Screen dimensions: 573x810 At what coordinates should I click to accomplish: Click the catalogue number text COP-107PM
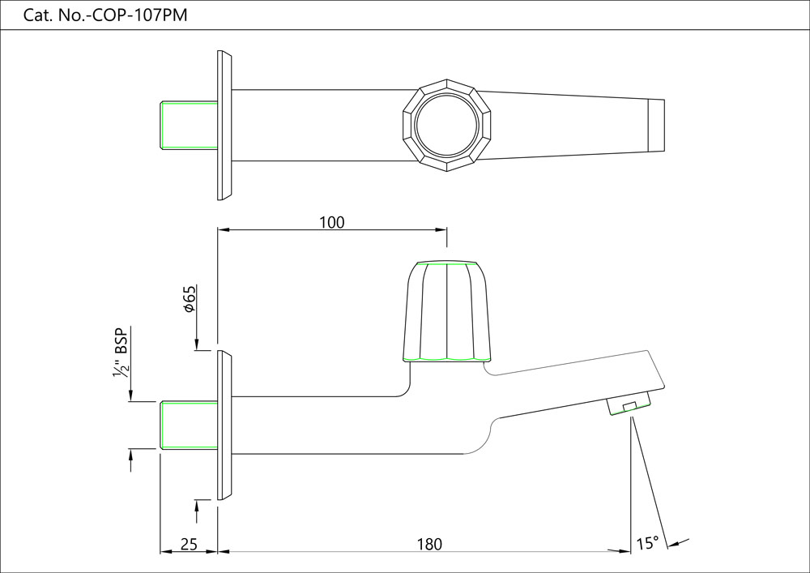106,15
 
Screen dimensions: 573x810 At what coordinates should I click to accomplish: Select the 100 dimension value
332,222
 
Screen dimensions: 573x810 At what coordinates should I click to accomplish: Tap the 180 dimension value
429,544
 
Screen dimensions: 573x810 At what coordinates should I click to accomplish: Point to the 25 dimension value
189,544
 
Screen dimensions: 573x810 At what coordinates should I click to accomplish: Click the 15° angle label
647,543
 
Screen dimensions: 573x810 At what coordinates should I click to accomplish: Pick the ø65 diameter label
189,299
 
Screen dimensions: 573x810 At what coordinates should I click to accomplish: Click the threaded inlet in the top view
189,126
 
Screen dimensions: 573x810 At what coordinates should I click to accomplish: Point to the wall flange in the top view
224,126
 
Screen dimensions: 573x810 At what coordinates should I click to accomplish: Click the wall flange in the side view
224,425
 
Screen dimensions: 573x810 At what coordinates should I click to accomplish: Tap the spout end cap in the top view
657,126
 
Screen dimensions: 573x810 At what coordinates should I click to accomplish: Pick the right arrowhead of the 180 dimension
625,551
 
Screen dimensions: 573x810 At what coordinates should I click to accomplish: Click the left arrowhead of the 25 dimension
165,551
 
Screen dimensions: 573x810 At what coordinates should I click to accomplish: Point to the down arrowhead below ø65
198,346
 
